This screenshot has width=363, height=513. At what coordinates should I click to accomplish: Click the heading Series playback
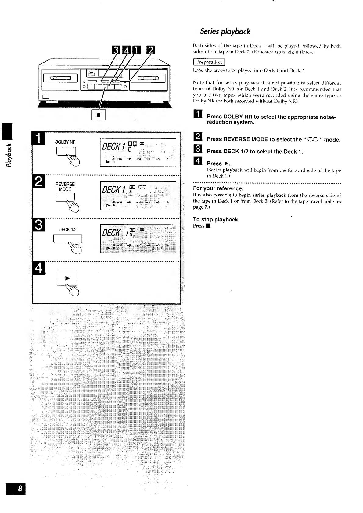pyautogui.click(x=225, y=31)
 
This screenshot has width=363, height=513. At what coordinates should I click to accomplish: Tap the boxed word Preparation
pyautogui.click(x=209, y=62)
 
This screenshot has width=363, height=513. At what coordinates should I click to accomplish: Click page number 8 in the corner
pyautogui.click(x=16, y=489)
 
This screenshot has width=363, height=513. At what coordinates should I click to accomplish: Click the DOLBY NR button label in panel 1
pyautogui.click(x=65, y=142)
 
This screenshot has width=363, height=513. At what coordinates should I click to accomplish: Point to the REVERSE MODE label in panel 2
pyautogui.click(x=65, y=187)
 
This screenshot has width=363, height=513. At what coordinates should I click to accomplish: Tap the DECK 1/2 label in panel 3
pyautogui.click(x=67, y=230)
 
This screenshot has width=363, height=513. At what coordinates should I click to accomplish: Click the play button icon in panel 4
pyautogui.click(x=67, y=278)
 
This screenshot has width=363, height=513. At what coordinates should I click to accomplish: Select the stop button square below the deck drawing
pyautogui.click(x=99, y=115)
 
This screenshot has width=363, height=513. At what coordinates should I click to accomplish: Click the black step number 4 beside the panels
pyautogui.click(x=39, y=268)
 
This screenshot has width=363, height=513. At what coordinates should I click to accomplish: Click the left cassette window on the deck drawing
pyautogui.click(x=60, y=78)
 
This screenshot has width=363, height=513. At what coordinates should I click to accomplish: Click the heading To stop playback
pyautogui.click(x=215, y=220)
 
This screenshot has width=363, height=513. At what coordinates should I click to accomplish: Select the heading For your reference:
pyautogui.click(x=218, y=188)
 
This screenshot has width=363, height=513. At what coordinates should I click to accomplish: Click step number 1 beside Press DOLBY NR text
pyautogui.click(x=197, y=114)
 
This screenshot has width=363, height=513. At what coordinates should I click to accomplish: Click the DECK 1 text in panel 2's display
pyautogui.click(x=113, y=190)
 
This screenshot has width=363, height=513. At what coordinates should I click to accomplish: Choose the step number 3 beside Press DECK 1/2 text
pyautogui.click(x=197, y=149)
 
